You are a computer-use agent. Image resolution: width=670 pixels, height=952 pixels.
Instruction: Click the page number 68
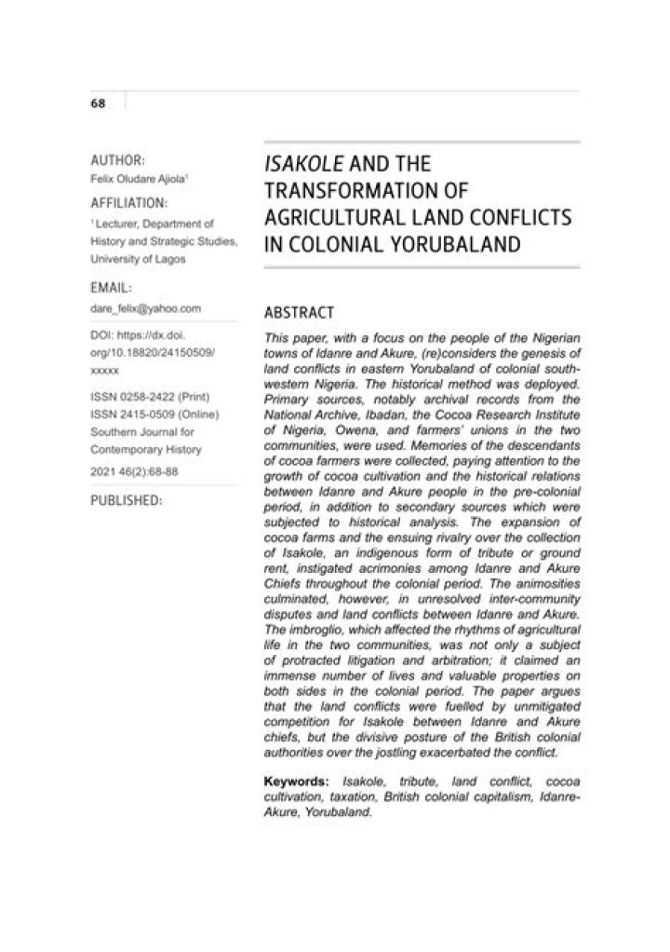(x=97, y=103)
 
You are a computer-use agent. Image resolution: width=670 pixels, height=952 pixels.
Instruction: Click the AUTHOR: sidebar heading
(x=116, y=159)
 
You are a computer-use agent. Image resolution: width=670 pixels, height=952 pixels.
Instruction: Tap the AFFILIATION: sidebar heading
(x=128, y=202)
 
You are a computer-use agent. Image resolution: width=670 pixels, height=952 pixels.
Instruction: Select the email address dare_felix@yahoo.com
(x=146, y=306)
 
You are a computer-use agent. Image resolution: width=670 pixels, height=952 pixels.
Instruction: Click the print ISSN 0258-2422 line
(x=141, y=396)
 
